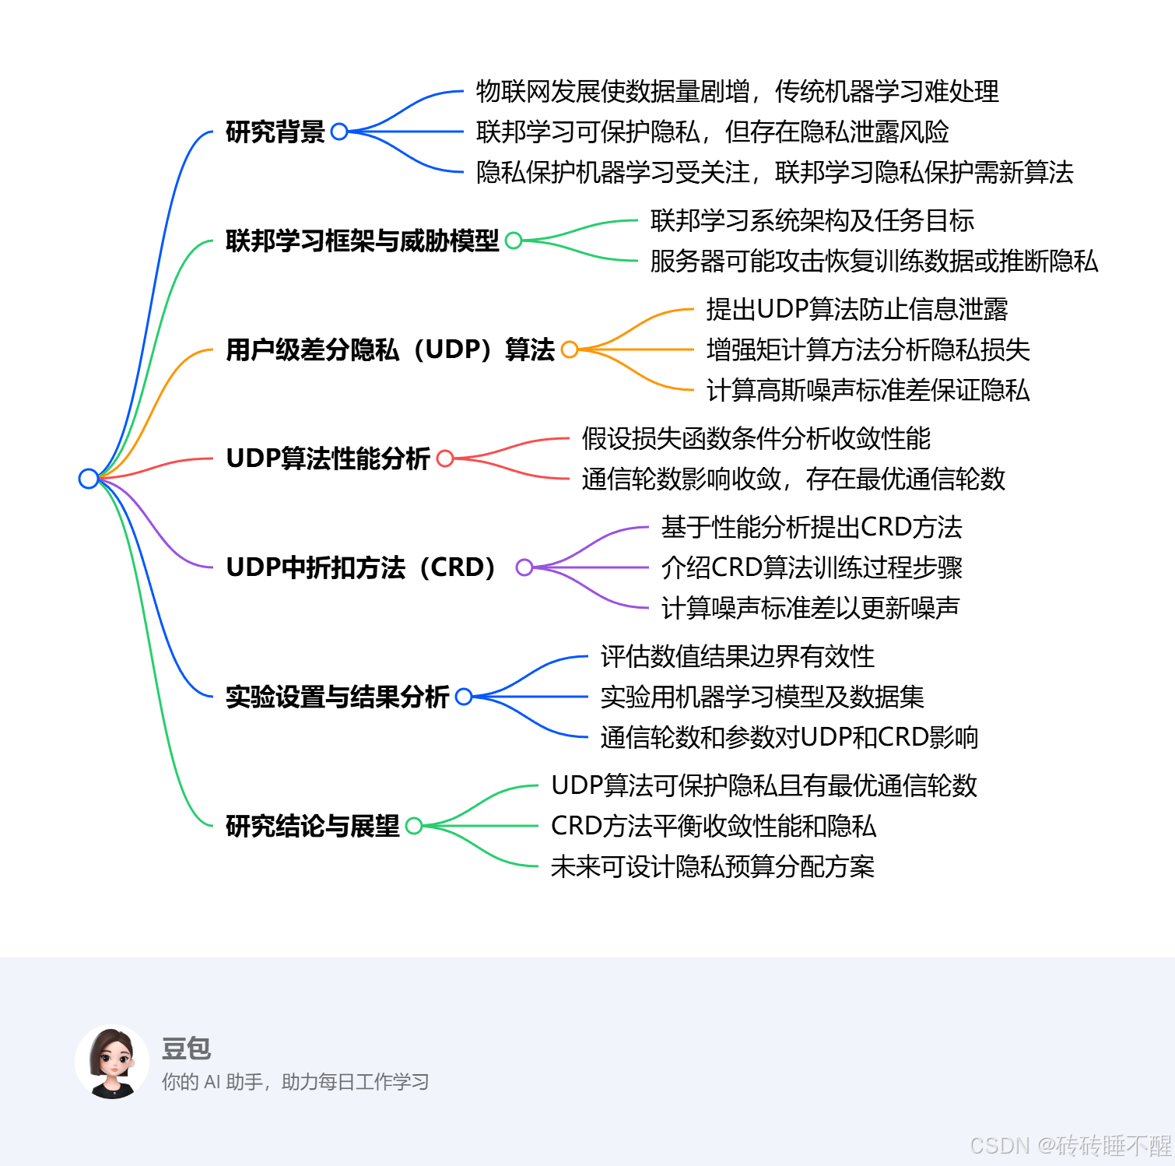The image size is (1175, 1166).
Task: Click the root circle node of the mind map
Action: point(89,478)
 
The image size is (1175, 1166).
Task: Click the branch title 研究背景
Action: point(275,132)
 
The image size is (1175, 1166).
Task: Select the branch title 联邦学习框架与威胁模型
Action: point(362,241)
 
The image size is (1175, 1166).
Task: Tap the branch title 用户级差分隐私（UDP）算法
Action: point(390,349)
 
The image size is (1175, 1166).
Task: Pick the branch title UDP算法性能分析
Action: point(328,458)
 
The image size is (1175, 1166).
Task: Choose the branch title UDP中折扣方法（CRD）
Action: point(360,567)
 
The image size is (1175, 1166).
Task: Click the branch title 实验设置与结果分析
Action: point(337,697)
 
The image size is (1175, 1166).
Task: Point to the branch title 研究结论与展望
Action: point(312,826)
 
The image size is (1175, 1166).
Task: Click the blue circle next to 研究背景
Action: point(339,132)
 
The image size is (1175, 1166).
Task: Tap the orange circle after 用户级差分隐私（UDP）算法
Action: point(570,349)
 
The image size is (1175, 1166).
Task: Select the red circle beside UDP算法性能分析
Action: point(445,458)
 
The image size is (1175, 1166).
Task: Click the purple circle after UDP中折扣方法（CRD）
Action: point(524,567)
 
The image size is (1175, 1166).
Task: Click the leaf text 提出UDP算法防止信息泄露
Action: point(857,309)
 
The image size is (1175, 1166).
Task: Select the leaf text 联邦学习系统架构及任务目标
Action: point(812,220)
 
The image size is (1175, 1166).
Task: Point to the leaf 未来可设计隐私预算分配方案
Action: point(712,866)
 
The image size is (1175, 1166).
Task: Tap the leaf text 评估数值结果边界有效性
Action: point(737,656)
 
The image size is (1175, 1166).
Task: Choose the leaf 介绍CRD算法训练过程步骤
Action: point(812,567)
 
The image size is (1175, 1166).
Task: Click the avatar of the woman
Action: point(113,1062)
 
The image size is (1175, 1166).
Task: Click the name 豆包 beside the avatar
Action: point(186,1048)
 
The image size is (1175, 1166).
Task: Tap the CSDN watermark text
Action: point(1070,1146)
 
